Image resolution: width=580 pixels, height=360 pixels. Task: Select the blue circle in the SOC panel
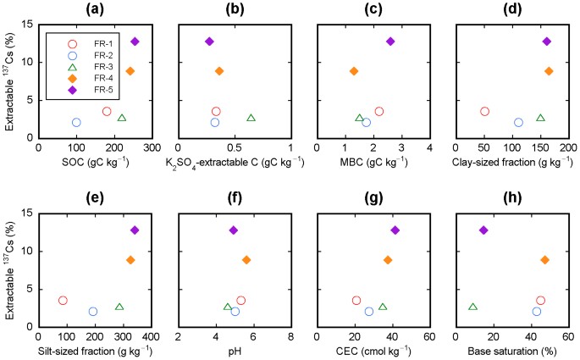(76, 123)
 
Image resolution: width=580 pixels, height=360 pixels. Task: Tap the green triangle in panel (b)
(251, 118)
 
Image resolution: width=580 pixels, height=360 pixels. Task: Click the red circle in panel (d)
(484, 112)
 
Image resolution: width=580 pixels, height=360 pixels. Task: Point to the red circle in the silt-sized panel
(63, 301)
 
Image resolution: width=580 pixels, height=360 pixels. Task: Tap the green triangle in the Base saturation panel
(472, 307)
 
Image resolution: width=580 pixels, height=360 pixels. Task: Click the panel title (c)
(373, 9)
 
